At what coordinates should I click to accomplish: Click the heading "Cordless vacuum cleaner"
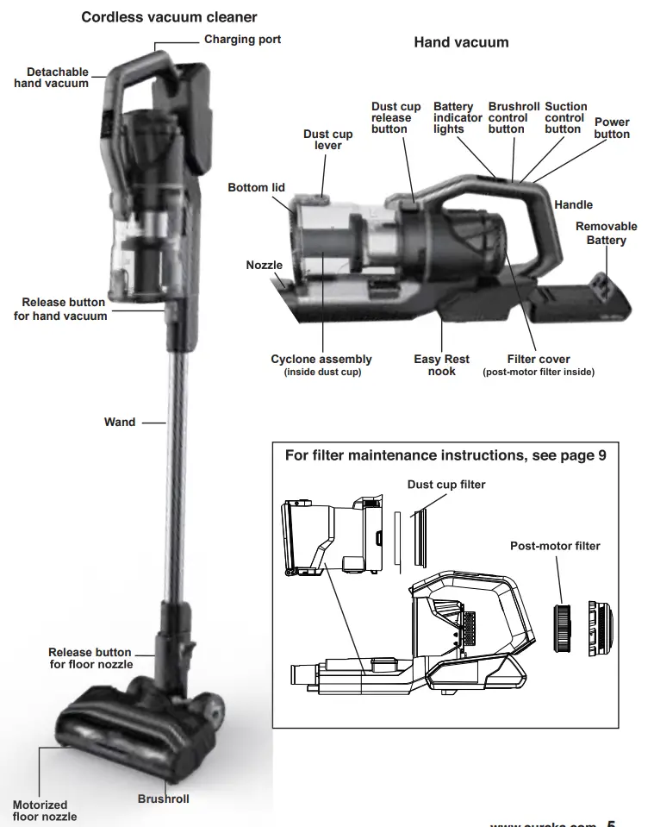tap(169, 17)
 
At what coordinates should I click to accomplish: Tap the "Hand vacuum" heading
tap(461, 42)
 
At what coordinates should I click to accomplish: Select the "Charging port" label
tap(242, 40)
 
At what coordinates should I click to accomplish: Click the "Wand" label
tap(120, 423)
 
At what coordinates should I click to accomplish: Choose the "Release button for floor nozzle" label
tap(90, 658)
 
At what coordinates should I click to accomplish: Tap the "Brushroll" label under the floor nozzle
tap(163, 799)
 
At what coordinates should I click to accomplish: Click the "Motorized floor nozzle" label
tap(44, 811)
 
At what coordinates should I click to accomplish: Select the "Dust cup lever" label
tap(327, 140)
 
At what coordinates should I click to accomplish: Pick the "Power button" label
tap(612, 128)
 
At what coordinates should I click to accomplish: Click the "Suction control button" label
tap(565, 118)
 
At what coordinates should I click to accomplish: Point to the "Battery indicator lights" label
tap(453, 118)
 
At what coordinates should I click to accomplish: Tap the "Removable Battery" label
tap(606, 233)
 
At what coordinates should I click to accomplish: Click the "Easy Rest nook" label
tap(441, 365)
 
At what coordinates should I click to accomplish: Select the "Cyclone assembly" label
tap(321, 360)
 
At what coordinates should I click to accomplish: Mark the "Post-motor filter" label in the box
tap(555, 546)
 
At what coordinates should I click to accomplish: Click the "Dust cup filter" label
tap(446, 485)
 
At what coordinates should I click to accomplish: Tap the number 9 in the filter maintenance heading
tap(602, 455)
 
